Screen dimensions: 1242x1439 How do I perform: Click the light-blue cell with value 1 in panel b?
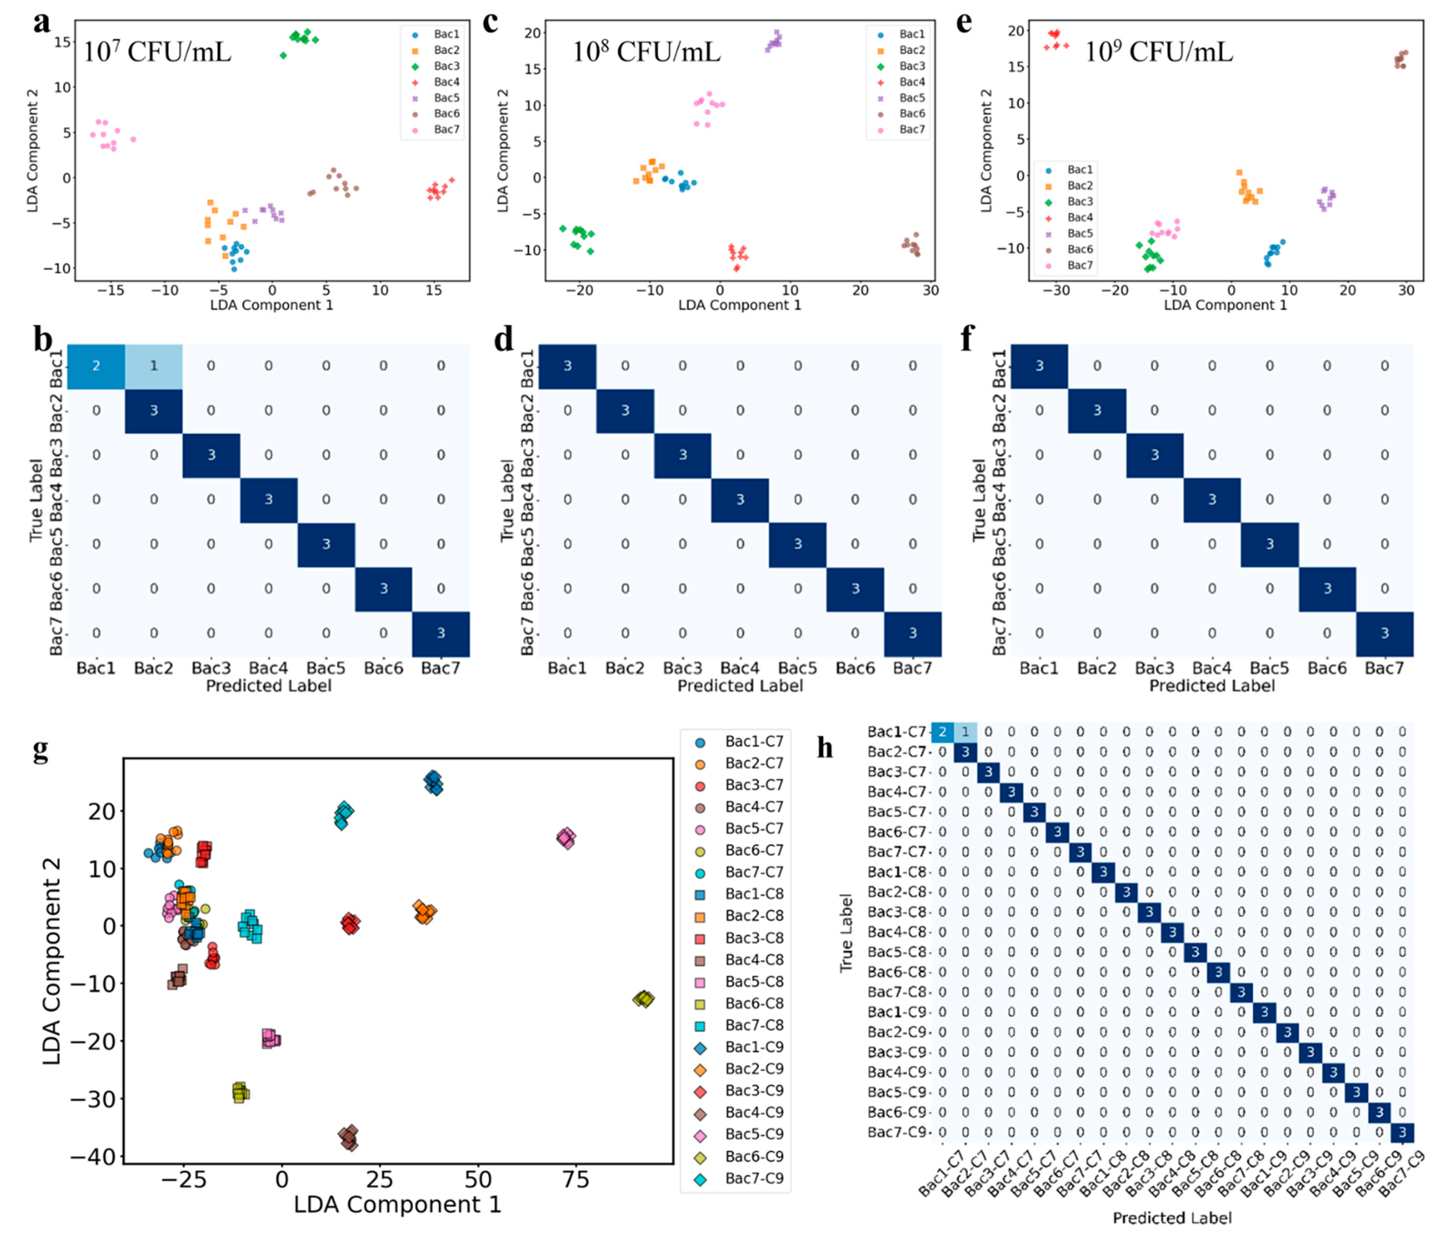click(153, 366)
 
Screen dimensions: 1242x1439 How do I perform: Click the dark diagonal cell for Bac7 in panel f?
click(1384, 633)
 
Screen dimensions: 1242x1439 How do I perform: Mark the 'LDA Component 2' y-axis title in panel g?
click(52, 962)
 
